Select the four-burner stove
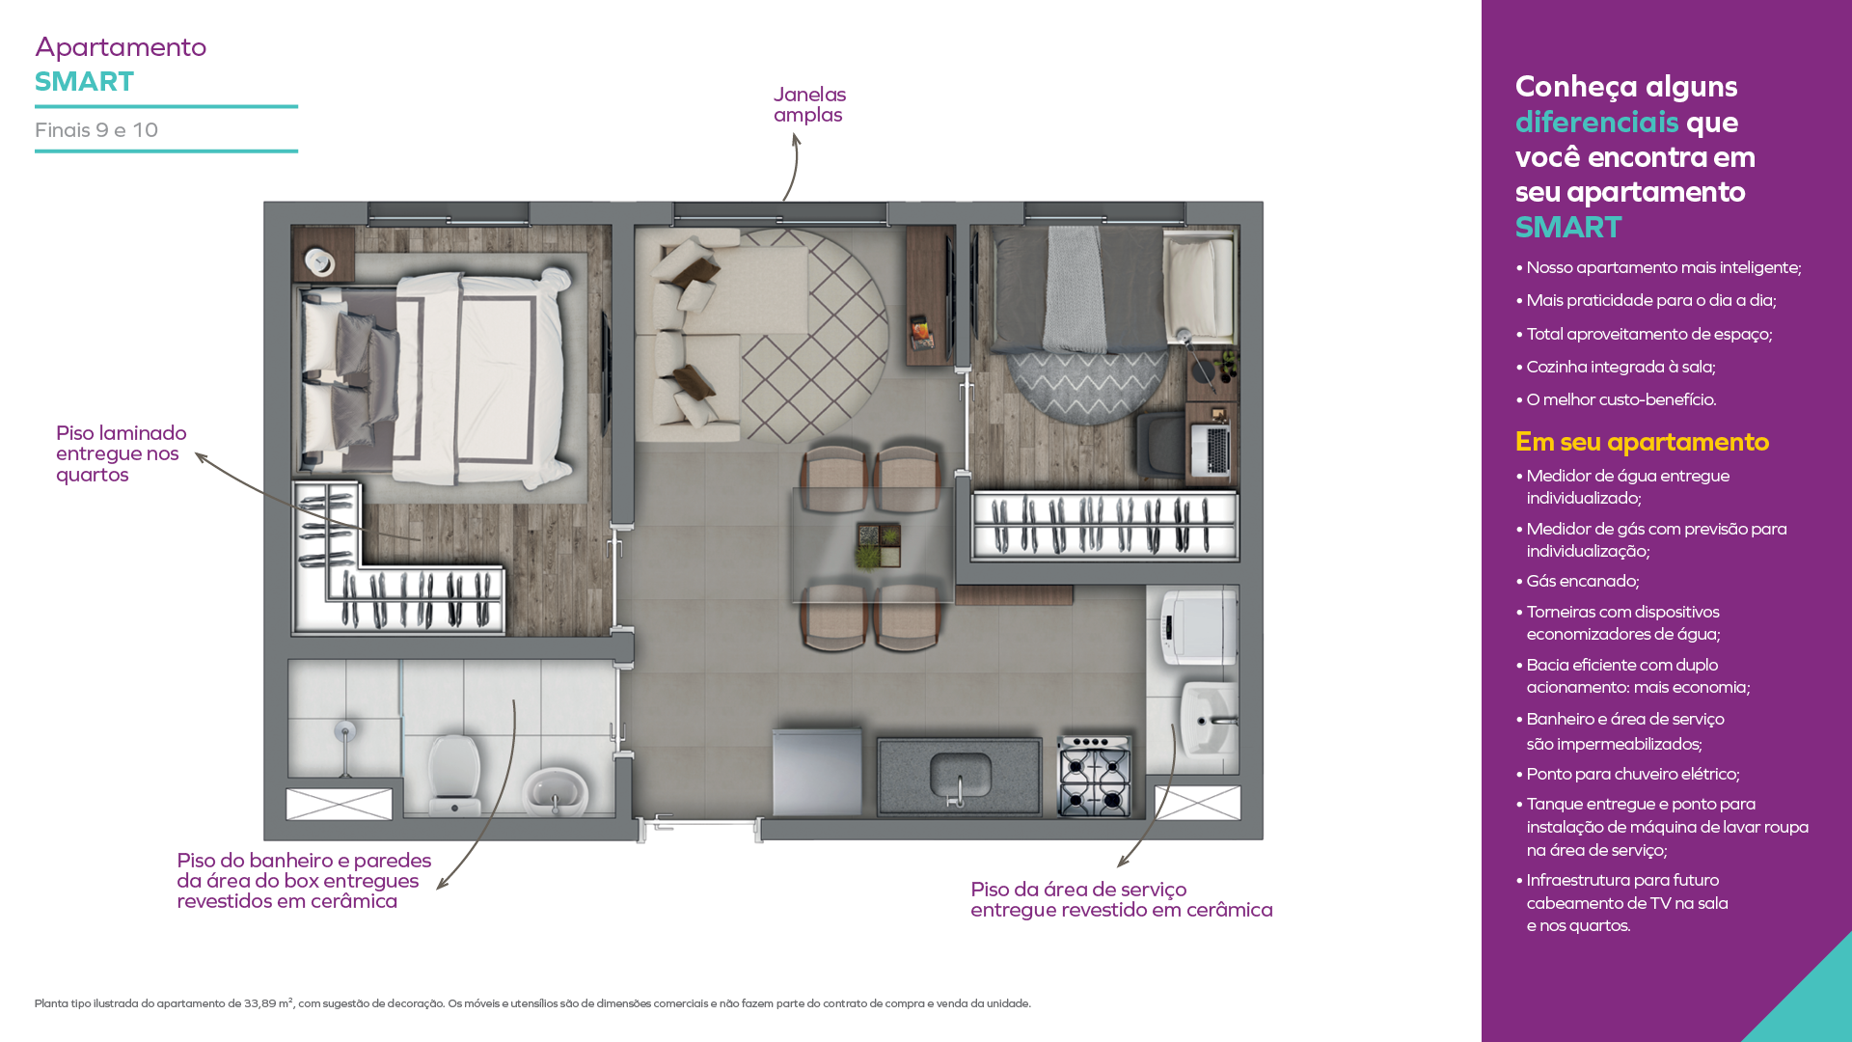[x=1095, y=777]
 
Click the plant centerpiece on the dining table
[x=878, y=545]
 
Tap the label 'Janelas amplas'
[x=809, y=104]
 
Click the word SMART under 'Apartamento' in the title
[x=85, y=81]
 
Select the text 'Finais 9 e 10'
[x=96, y=130]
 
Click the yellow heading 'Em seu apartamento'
[x=1642, y=442]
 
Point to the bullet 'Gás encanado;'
[x=1583, y=581]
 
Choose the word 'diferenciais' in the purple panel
[x=1597, y=122]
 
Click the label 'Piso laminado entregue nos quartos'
[x=122, y=453]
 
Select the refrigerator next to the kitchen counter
[x=817, y=773]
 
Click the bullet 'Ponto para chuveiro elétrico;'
[x=1633, y=774]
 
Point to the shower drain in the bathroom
[x=344, y=731]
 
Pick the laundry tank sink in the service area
[x=1210, y=719]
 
